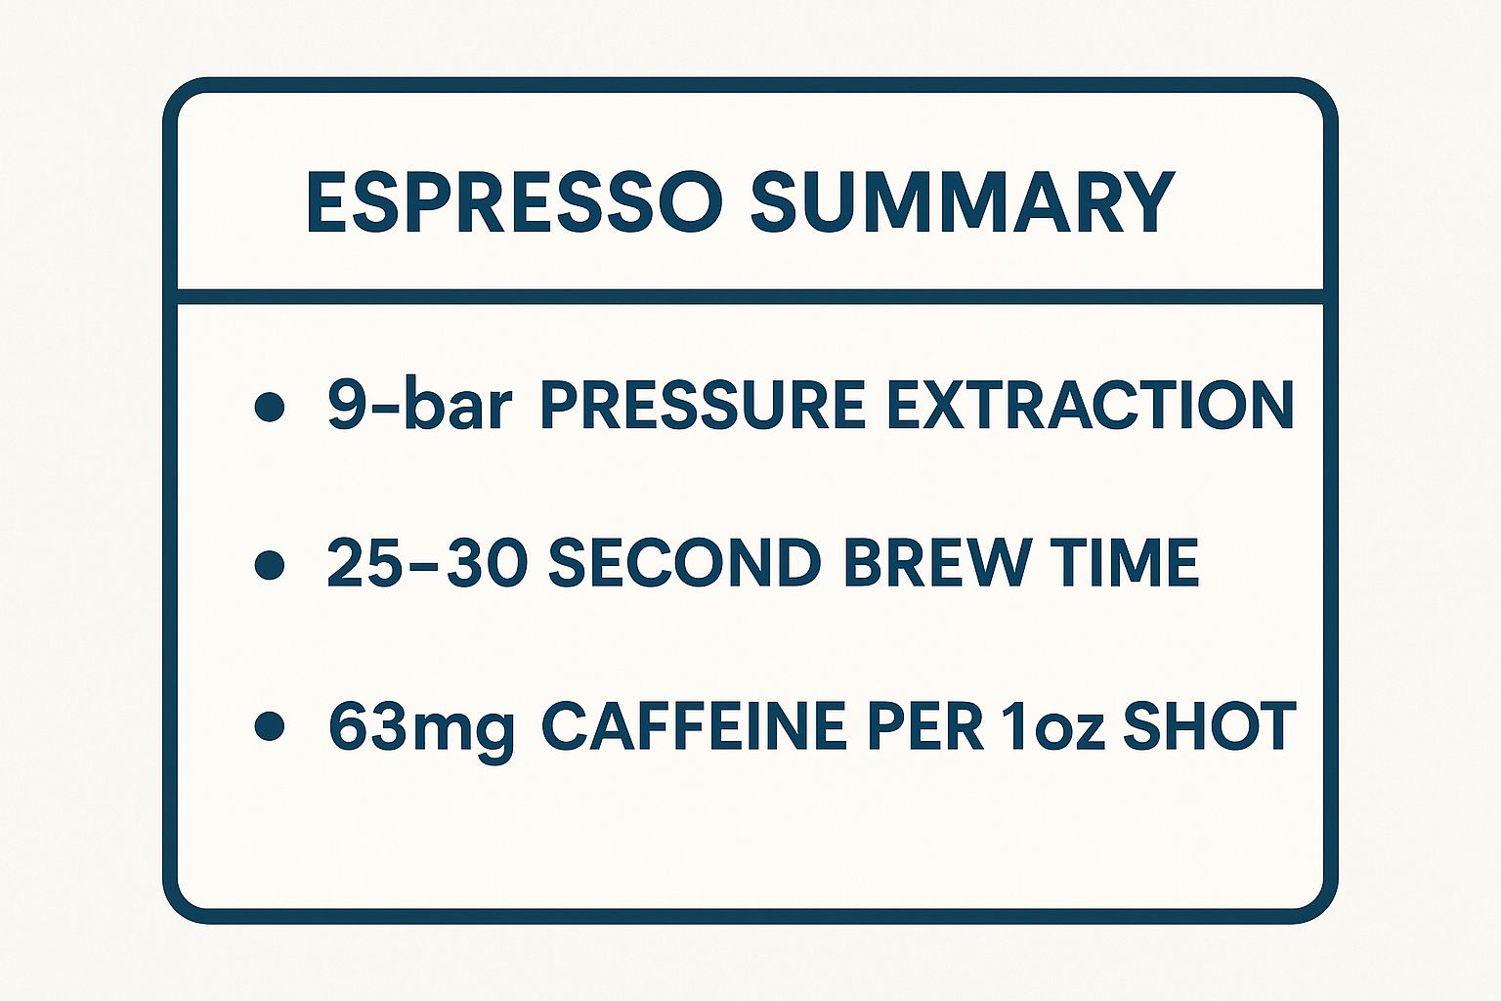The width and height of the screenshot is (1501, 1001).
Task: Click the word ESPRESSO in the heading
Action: coord(514,201)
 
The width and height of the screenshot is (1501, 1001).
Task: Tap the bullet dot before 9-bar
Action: coord(270,407)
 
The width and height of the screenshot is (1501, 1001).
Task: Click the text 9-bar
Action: coord(419,405)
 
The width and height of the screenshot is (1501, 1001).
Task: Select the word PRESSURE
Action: coord(703,406)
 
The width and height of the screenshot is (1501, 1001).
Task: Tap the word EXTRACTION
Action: coord(1090,406)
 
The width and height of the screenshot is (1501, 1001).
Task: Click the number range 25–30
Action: coord(422,562)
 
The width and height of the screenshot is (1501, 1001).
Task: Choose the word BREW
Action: coord(934,562)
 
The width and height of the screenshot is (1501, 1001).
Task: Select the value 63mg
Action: coord(422,728)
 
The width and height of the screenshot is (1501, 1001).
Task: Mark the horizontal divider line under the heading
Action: coord(750,296)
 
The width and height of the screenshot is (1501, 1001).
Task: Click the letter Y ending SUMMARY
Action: coord(1148,201)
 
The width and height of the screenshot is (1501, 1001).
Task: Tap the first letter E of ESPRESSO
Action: coord(326,201)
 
